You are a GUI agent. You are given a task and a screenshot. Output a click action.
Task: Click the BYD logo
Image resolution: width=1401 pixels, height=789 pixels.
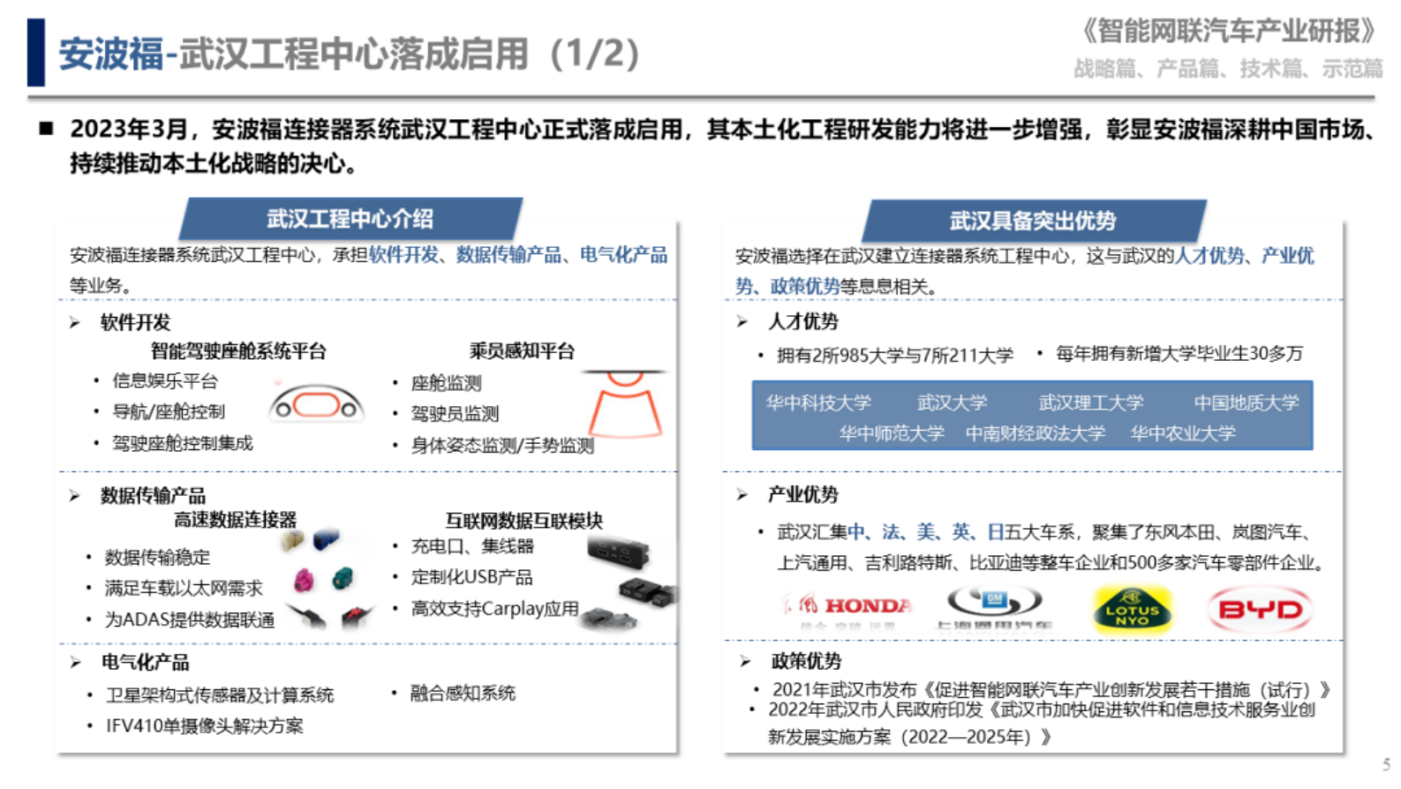point(1260,609)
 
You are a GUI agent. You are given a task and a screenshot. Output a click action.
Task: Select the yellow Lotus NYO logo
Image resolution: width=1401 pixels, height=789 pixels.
point(1133,609)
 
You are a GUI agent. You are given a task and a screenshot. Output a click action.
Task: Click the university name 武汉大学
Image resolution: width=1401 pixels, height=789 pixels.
point(952,402)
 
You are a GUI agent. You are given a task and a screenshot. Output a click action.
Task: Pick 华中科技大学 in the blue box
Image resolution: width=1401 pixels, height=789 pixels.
point(818,402)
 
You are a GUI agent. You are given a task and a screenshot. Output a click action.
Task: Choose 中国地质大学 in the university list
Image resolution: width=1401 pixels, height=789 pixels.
point(1247,402)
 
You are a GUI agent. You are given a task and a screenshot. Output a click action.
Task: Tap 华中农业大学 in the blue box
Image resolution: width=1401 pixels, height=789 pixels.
point(1183,433)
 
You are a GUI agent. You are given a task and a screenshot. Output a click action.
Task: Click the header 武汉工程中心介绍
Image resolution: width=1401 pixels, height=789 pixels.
point(350,219)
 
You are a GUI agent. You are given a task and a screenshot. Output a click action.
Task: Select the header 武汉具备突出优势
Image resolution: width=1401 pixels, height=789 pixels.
point(1033,221)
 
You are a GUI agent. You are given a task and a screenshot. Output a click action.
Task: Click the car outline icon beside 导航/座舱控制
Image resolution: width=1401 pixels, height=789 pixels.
point(317,405)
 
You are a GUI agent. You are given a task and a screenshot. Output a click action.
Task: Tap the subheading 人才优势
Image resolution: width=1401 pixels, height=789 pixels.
point(803,321)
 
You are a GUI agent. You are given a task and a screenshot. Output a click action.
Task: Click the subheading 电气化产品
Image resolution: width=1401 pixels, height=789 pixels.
point(145,662)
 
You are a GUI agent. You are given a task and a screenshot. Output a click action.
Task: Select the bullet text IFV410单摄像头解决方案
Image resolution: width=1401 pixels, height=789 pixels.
point(205,725)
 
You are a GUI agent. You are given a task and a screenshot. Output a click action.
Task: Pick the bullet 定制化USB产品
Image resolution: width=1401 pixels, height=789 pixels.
point(472,577)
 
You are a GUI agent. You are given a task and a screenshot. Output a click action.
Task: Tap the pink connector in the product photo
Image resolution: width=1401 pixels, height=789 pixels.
point(304,580)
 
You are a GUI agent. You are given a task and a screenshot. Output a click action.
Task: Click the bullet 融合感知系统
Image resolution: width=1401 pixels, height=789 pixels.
point(463,694)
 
